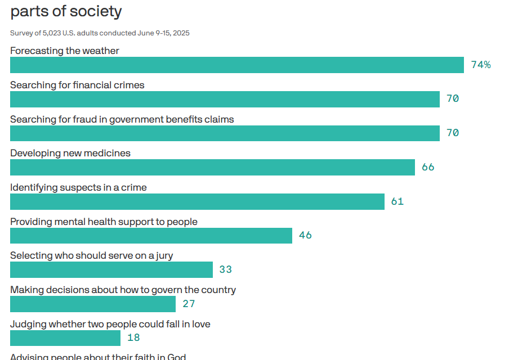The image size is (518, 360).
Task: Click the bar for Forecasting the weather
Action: pos(236,65)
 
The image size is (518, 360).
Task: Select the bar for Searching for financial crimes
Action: pos(225,99)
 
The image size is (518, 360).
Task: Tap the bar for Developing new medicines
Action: pos(212,167)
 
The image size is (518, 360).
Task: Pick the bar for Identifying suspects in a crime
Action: pos(197,201)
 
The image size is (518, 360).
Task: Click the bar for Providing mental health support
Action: pos(151,236)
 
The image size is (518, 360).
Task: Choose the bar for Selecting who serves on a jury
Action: pos(111,270)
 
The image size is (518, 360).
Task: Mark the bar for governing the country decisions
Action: pos(93,304)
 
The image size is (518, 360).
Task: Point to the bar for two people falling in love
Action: pos(65,338)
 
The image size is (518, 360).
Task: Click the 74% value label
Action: pos(481,65)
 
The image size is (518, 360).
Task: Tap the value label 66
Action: pos(428,167)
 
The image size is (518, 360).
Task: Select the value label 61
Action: pos(398,201)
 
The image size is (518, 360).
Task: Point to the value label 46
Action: pos(305,236)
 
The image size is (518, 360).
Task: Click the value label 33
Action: pos(226,270)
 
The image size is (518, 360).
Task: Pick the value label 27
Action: pos(189,304)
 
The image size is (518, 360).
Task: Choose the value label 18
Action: pos(133,338)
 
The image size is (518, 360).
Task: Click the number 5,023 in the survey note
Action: pos(53,33)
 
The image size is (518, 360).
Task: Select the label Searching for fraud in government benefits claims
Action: pos(122,119)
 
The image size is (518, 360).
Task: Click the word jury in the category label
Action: pos(163,256)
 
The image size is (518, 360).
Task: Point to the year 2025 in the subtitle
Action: pos(181,33)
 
